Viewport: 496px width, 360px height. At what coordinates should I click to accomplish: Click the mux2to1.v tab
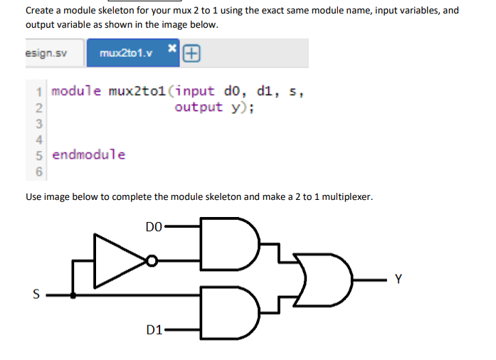pyautogui.click(x=125, y=53)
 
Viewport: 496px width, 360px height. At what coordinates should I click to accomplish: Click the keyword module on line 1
pyautogui.click(x=77, y=92)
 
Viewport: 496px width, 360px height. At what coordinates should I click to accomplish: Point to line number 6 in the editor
pyautogui.click(x=40, y=171)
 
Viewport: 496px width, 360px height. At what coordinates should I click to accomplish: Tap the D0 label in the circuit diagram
pyautogui.click(x=153, y=228)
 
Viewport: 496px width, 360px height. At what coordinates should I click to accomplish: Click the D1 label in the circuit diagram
pyautogui.click(x=154, y=329)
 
